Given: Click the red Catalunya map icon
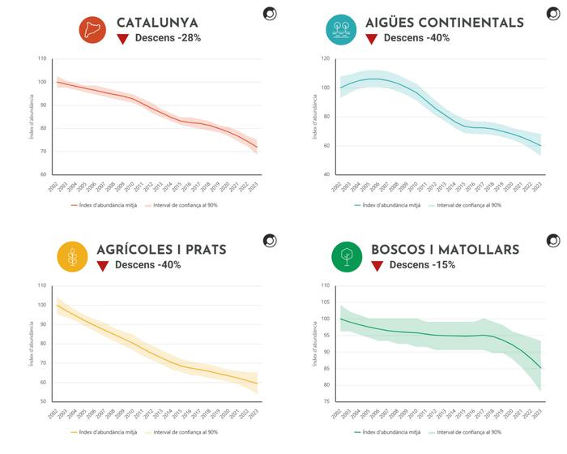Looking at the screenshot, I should (93, 30).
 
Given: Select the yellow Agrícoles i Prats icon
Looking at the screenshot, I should (73, 258).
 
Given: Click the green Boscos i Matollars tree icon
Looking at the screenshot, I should (347, 258).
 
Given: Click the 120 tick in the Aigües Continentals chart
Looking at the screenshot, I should (324, 58).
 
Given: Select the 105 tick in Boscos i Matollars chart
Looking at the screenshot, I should (324, 302).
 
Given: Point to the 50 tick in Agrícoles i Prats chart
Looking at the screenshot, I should (42, 401).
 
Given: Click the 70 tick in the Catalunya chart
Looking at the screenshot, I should (42, 152).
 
